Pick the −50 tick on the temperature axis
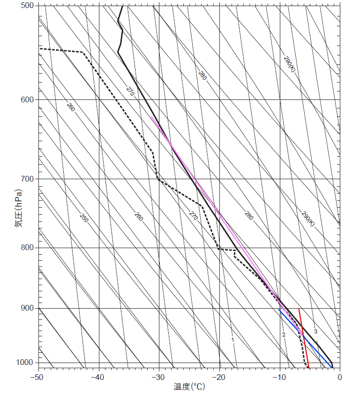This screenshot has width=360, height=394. pyautogui.click(x=37, y=376)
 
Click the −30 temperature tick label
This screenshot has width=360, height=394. pyautogui.click(x=158, y=376)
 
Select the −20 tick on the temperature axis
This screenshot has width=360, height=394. pyautogui.click(x=219, y=376)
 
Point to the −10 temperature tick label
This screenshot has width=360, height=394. pyautogui.click(x=279, y=376)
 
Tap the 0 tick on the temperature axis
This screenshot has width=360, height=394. pyautogui.click(x=340, y=376)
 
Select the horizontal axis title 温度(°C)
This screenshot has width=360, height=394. pyautogui.click(x=189, y=386)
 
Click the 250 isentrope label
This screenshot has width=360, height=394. pyautogui.click(x=83, y=218)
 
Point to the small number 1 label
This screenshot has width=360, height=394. pyautogui.click(x=232, y=340)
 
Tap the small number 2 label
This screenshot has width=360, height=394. pyautogui.click(x=284, y=334)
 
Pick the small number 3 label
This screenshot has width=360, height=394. pyautogui.click(x=315, y=332)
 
